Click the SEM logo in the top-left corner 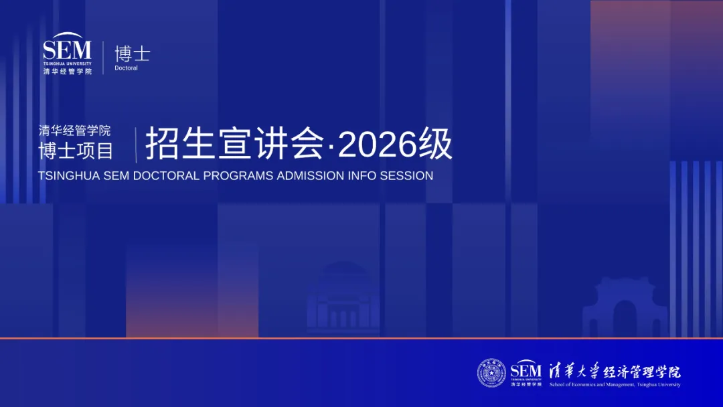[68, 54]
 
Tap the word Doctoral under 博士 [126, 68]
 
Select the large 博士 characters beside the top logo [133, 54]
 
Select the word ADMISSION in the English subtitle [310, 175]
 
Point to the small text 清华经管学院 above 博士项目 [74, 131]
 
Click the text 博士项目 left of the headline [76, 151]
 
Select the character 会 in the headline [307, 144]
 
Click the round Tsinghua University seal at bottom [491, 372]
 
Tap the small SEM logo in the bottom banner [526, 372]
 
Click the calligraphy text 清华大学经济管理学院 [615, 371]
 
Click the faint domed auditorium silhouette [343, 297]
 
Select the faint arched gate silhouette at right [625, 307]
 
